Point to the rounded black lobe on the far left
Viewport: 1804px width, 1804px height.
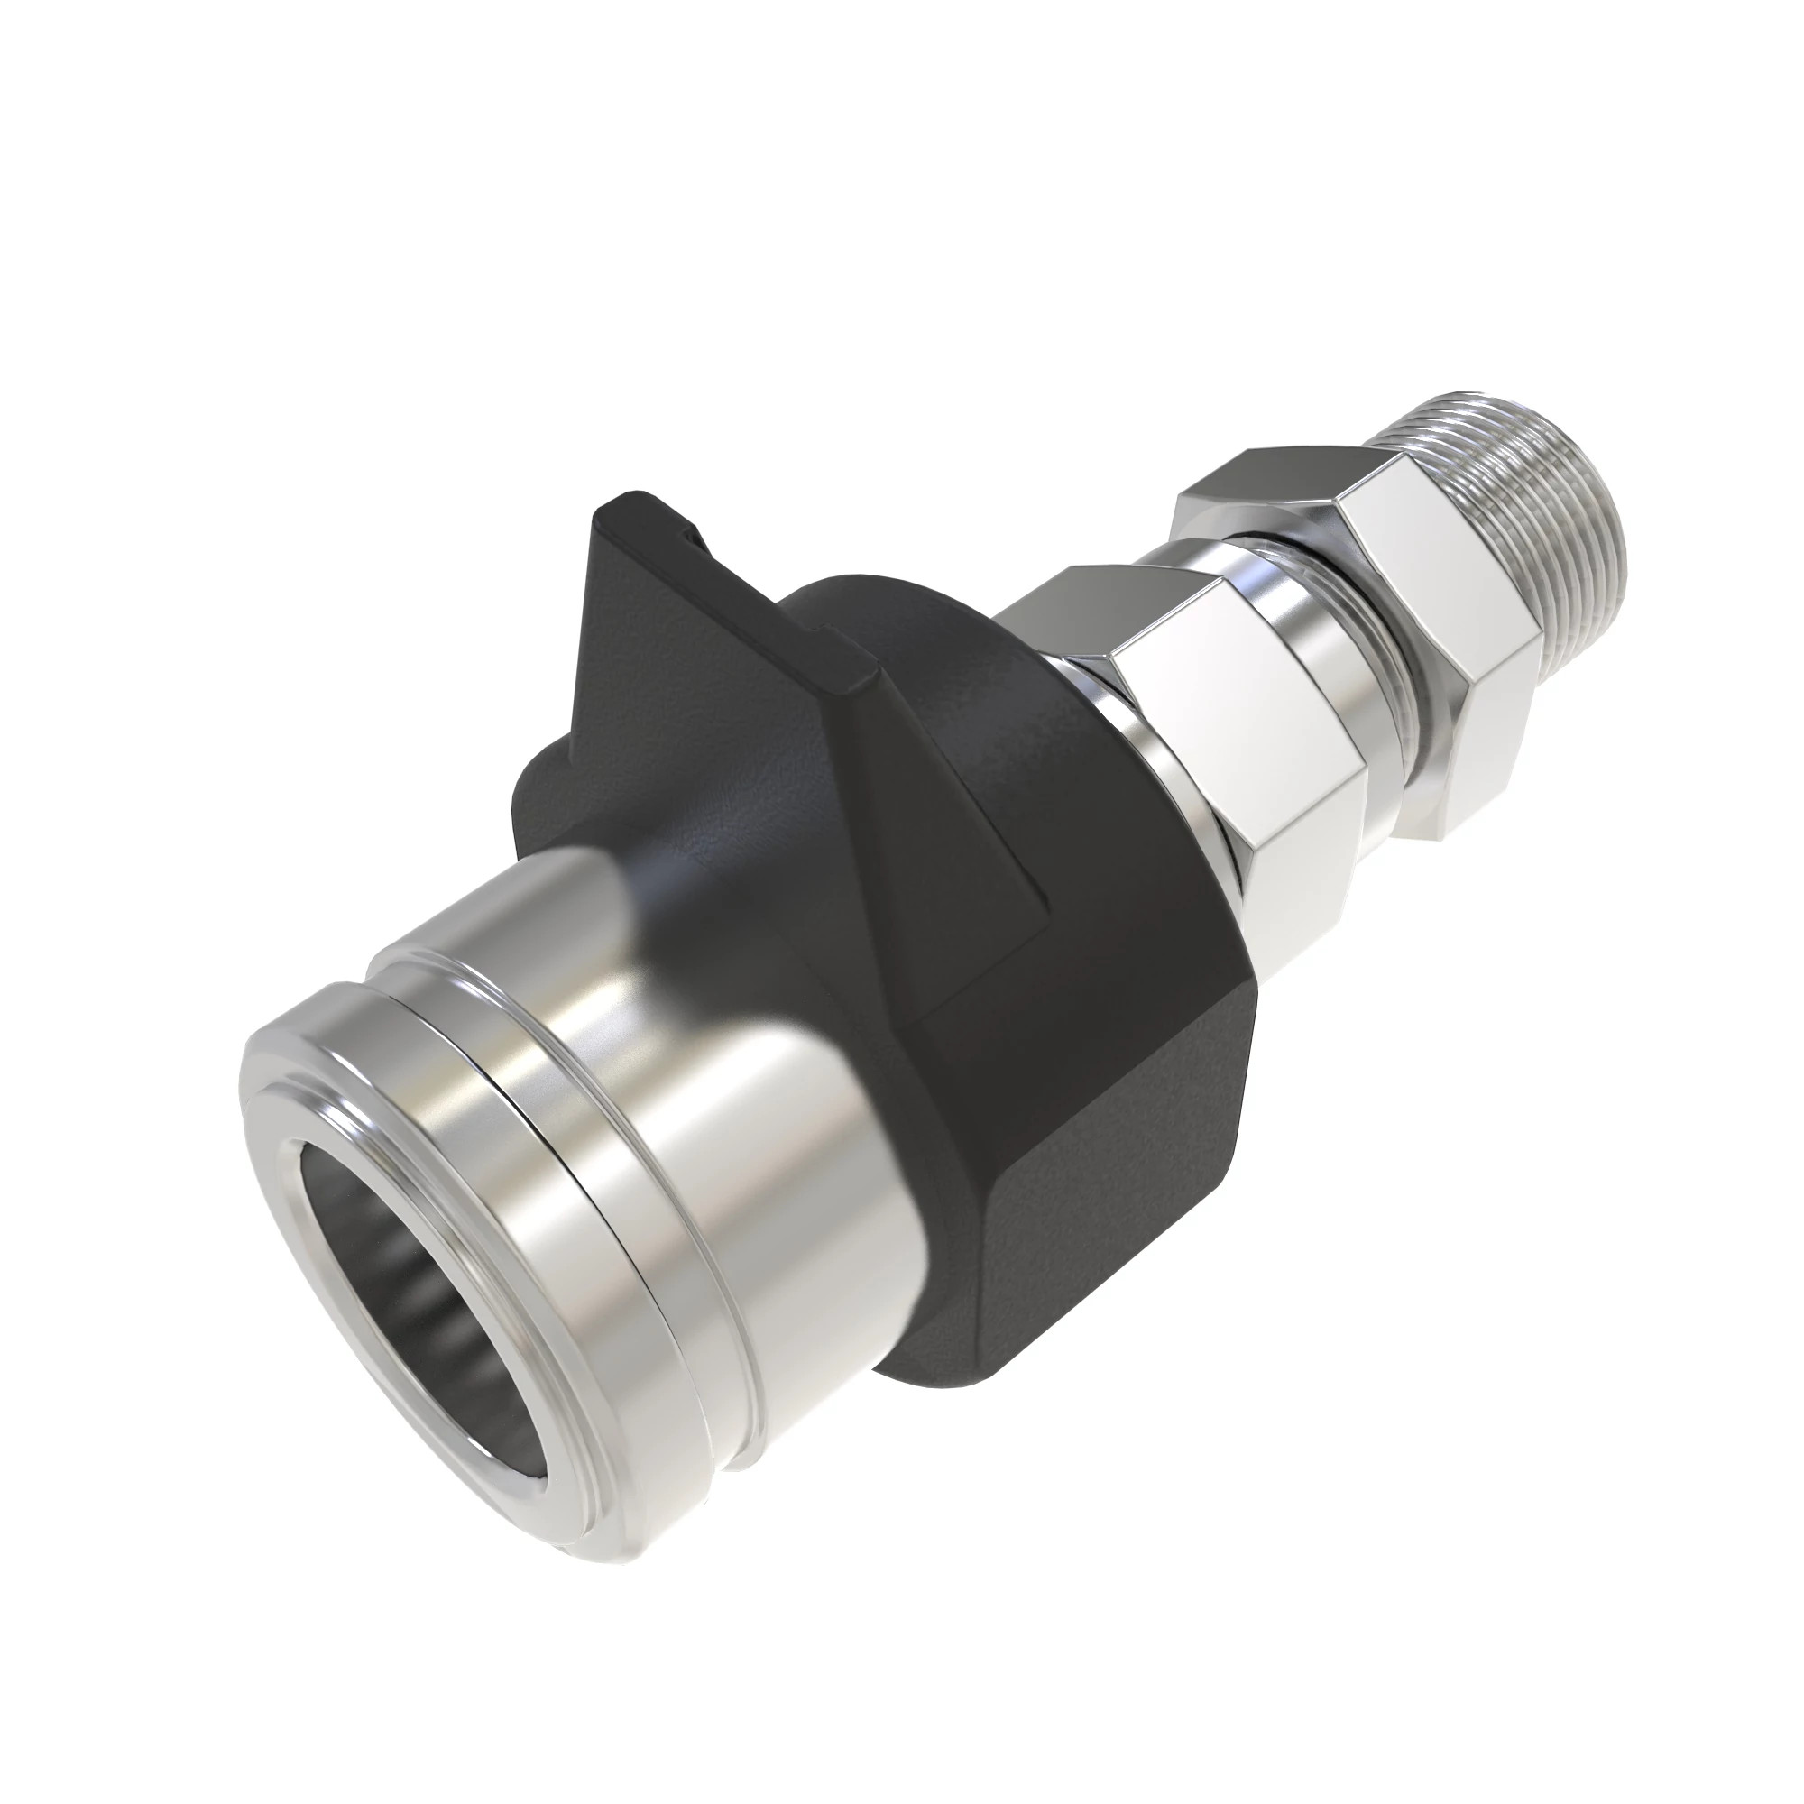click(551, 794)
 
